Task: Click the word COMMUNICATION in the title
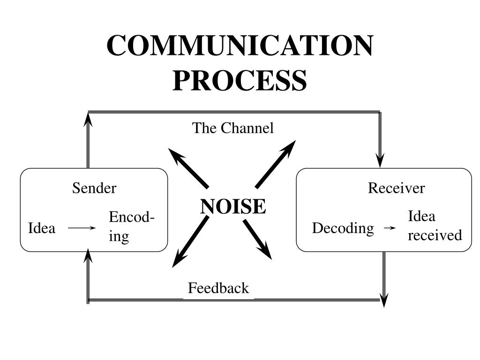pyautogui.click(x=240, y=46)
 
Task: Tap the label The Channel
pyautogui.click(x=232, y=128)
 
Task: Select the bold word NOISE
pyautogui.click(x=233, y=206)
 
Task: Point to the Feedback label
pyautogui.click(x=218, y=288)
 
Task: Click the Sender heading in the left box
pyautogui.click(x=94, y=188)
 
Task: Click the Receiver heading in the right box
pyautogui.click(x=396, y=188)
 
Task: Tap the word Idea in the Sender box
pyautogui.click(x=42, y=228)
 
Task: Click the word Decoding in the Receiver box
pyautogui.click(x=343, y=228)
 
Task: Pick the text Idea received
pyautogui.click(x=434, y=225)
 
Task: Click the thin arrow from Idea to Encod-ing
pyautogui.click(x=82, y=228)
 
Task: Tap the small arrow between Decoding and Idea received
pyautogui.click(x=390, y=228)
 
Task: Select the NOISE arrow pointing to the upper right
pyautogui.click(x=277, y=163)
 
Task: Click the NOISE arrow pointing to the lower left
pyautogui.click(x=189, y=243)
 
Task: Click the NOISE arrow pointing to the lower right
pyautogui.click(x=258, y=240)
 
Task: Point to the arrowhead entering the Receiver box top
pyautogui.click(x=381, y=160)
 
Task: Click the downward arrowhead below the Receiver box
pyautogui.click(x=384, y=300)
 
